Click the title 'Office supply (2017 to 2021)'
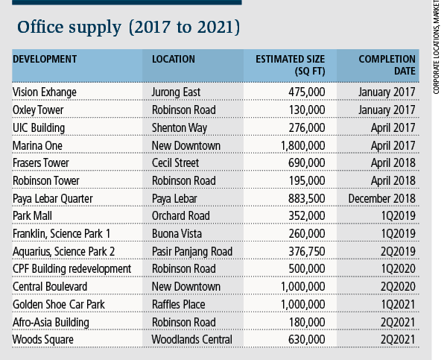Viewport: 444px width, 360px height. point(129,28)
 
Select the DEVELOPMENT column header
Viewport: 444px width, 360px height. point(45,59)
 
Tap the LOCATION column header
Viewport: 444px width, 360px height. point(174,59)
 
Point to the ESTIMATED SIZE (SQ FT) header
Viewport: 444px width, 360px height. point(291,65)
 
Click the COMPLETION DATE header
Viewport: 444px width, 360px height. point(387,65)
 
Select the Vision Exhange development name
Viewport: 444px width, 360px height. point(45,92)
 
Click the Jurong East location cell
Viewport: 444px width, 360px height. point(176,92)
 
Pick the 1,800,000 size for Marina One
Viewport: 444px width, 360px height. point(302,146)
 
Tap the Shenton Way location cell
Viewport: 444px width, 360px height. point(180,128)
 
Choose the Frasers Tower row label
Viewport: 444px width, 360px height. point(41,163)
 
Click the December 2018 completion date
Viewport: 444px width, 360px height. point(382,198)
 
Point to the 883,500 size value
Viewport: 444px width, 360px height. point(307,198)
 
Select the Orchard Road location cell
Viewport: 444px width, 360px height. point(181,216)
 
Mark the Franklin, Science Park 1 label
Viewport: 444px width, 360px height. point(61,234)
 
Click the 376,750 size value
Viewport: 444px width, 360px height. point(307,251)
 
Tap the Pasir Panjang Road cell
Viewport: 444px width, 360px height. point(192,252)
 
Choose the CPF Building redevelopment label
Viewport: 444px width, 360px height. point(72,269)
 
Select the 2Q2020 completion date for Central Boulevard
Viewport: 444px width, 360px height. point(398,287)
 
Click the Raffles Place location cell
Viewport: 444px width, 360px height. point(178,305)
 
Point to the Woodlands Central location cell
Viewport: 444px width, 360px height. point(192,340)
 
